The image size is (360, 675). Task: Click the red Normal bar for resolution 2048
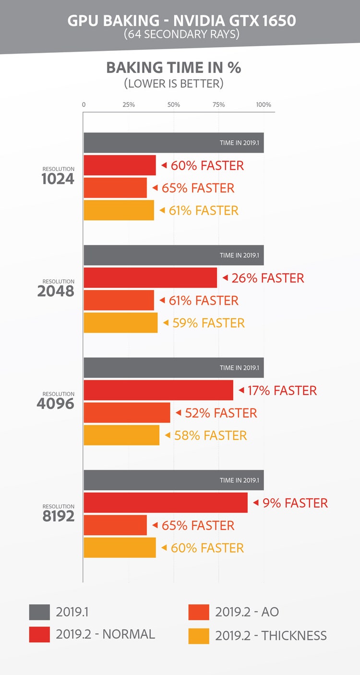click(150, 278)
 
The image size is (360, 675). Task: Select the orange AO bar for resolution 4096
click(127, 413)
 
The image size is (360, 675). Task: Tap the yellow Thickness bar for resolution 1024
click(119, 210)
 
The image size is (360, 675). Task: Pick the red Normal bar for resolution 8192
click(166, 503)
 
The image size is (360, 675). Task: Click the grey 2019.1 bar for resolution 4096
click(173, 368)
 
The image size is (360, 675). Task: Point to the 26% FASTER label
click(267, 278)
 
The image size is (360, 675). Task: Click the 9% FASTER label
click(295, 503)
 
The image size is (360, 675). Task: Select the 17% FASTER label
click(282, 390)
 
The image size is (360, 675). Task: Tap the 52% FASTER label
click(221, 413)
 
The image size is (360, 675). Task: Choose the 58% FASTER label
click(210, 435)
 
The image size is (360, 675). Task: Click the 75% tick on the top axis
click(218, 105)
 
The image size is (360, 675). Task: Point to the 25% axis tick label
click(129, 105)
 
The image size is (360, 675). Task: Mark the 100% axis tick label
click(264, 105)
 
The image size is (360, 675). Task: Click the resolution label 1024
click(58, 179)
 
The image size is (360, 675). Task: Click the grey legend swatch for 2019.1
click(39, 612)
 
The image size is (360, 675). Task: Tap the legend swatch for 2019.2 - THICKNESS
click(199, 636)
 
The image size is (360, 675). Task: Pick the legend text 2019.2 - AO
click(247, 612)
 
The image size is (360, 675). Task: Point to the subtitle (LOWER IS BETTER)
click(173, 83)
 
